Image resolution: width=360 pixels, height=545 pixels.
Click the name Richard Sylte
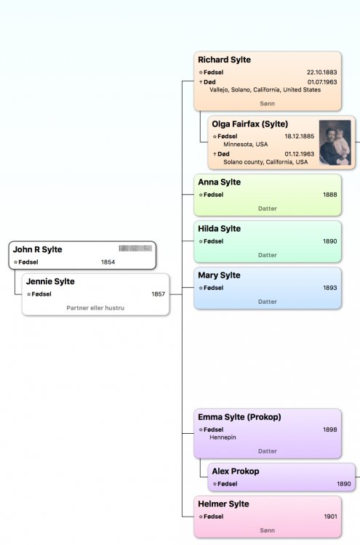click(224, 60)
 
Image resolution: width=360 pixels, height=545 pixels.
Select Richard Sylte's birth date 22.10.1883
click(321, 72)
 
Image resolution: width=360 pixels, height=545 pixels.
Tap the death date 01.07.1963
click(322, 82)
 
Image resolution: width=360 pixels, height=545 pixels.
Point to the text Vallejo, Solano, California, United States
click(265, 89)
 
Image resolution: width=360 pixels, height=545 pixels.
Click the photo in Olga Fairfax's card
click(335, 142)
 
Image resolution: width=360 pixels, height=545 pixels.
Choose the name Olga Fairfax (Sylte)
click(249, 124)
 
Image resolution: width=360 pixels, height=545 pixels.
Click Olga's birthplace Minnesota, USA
click(246, 145)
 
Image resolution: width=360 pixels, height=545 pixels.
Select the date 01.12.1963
click(300, 154)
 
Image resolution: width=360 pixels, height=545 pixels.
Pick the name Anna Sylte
click(219, 182)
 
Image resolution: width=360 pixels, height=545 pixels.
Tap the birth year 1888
click(329, 195)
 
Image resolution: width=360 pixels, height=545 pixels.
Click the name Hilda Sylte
click(219, 229)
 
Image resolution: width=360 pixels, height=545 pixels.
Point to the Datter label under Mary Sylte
click(268, 302)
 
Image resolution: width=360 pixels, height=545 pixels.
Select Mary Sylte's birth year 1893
click(329, 288)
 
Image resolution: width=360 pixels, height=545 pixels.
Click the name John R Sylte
click(38, 249)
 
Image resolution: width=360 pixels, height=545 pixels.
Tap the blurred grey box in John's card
click(135, 249)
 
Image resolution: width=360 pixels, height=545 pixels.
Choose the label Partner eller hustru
click(95, 308)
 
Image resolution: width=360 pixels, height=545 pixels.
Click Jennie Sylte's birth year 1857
click(158, 294)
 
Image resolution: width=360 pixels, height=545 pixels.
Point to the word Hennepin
click(223, 437)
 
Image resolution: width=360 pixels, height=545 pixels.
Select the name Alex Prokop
click(236, 472)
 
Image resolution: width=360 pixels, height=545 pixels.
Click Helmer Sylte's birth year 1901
click(330, 517)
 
